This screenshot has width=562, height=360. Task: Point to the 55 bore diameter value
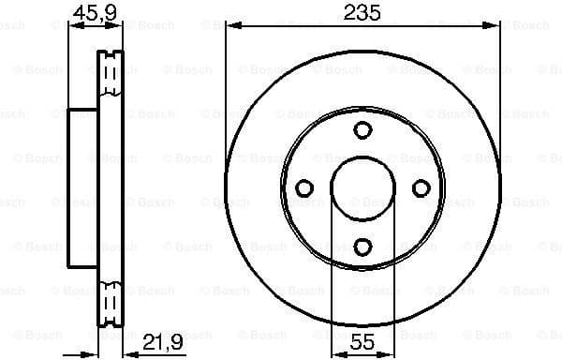(362, 342)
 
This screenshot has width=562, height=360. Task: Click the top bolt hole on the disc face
(362, 131)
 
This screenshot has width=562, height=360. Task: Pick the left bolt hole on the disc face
(303, 188)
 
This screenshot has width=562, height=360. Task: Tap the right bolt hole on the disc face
(421, 188)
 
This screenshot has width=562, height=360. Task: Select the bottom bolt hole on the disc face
(362, 247)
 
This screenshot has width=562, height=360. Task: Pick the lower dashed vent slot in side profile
(111, 302)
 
